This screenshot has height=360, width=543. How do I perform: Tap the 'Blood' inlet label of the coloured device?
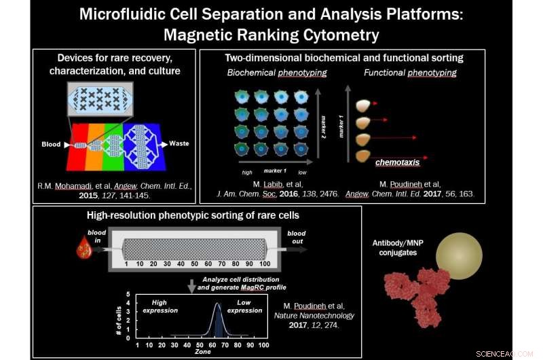click(52, 143)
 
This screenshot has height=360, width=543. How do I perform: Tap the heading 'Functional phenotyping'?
click(410, 72)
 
